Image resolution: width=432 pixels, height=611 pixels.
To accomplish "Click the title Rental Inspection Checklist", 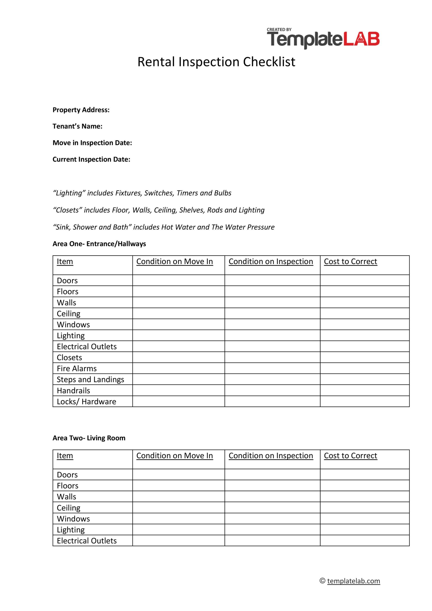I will click(216, 62).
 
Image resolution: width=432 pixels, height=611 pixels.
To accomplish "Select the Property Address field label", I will click(81, 110).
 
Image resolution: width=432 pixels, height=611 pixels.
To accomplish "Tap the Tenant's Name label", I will click(78, 126).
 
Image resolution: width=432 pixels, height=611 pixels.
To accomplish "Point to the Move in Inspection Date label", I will click(92, 143).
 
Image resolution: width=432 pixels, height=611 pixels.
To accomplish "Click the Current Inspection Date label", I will click(91, 159).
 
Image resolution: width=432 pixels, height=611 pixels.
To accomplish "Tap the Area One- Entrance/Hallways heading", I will click(99, 244).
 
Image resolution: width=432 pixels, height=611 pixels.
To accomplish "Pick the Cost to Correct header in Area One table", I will click(350, 262).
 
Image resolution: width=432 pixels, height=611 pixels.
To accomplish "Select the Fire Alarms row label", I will click(77, 369).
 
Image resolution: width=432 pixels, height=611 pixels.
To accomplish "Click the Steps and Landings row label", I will click(90, 379).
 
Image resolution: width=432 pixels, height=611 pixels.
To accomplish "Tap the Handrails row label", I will click(74, 391).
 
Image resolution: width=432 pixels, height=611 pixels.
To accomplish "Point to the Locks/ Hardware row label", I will click(86, 402).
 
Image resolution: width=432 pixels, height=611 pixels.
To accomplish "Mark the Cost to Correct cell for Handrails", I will click(364, 390).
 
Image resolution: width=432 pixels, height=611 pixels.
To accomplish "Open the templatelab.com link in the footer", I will click(353, 581).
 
